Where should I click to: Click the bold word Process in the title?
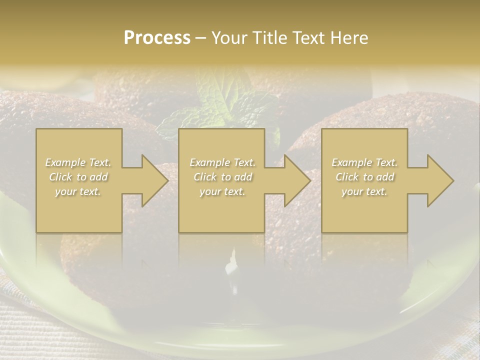(x=157, y=38)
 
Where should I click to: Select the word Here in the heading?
(x=348, y=38)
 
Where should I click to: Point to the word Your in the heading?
(x=228, y=38)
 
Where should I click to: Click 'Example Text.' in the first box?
(x=78, y=162)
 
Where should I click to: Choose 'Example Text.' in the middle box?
(x=222, y=162)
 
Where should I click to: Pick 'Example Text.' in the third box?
(x=364, y=162)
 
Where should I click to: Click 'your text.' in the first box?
(x=78, y=191)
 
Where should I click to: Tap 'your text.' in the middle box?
(x=222, y=191)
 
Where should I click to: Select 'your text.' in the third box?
(x=364, y=191)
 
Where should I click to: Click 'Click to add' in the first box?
(x=78, y=177)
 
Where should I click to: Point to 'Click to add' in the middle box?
(x=222, y=177)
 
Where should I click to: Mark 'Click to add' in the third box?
(x=364, y=177)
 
